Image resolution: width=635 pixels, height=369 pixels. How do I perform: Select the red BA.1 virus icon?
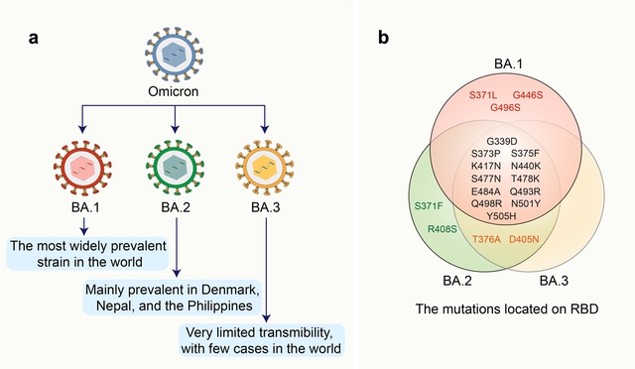[82, 167]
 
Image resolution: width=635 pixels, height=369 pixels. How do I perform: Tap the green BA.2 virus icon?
[175, 167]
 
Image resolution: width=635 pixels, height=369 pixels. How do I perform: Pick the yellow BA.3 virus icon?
[265, 167]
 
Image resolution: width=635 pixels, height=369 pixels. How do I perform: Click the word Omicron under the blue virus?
[174, 91]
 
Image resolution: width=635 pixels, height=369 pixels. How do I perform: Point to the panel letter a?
[34, 38]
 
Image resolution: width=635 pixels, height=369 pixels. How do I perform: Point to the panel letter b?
[383, 38]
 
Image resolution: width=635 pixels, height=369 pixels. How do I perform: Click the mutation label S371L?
[483, 95]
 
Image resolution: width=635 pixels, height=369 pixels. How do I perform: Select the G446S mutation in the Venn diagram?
[528, 95]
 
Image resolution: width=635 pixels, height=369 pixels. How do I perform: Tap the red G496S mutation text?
[505, 108]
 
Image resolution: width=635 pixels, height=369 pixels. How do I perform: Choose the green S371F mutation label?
[429, 206]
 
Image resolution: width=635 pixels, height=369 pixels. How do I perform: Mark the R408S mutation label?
[443, 229]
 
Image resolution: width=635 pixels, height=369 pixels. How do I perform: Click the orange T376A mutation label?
[486, 239]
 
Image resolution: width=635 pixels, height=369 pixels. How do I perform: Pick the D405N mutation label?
[524, 239]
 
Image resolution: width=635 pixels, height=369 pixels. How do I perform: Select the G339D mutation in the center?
[502, 142]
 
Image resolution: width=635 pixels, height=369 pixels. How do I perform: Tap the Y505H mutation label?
[501, 216]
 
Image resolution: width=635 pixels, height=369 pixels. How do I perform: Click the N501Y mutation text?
[526, 203]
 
